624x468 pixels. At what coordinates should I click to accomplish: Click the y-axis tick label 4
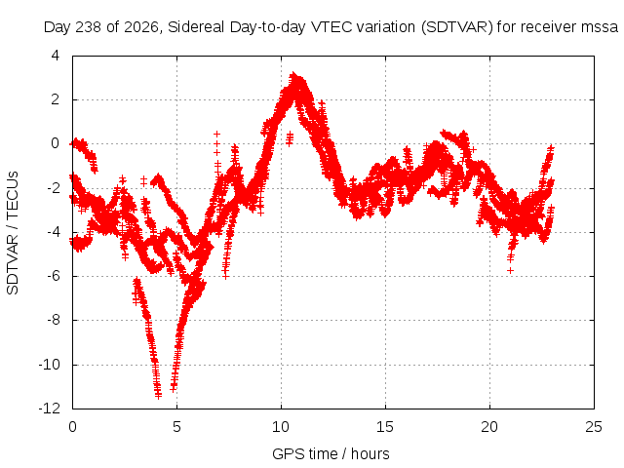(56, 56)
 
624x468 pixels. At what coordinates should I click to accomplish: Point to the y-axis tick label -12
(50, 409)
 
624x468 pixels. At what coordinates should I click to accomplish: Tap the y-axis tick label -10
(50, 364)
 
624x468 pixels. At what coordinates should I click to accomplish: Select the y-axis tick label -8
(53, 320)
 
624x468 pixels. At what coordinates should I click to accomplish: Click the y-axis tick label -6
(53, 276)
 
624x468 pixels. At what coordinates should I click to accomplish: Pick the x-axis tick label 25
(594, 427)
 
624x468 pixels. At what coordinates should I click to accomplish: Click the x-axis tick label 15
(385, 427)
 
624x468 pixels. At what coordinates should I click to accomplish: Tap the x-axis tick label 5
(176, 427)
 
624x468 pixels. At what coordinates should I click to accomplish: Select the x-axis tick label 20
(489, 427)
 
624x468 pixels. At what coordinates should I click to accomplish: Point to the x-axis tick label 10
(281, 427)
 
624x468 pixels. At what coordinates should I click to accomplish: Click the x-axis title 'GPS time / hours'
(331, 453)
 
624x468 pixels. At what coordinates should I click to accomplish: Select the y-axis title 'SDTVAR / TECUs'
(13, 233)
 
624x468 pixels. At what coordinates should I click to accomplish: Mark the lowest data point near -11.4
(158, 396)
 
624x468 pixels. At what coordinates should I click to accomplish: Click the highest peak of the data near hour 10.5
(293, 75)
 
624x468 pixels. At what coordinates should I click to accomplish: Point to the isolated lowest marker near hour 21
(510, 271)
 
